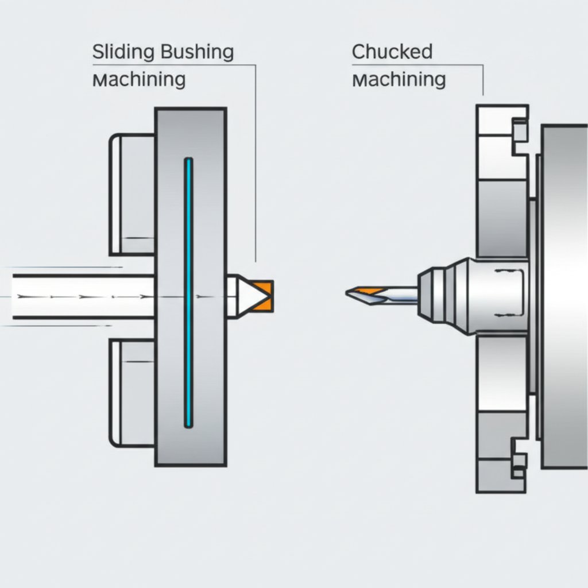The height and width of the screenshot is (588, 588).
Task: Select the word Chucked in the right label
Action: (392, 52)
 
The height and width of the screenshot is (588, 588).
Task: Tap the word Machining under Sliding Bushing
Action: (139, 79)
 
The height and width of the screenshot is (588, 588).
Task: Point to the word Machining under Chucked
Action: (399, 79)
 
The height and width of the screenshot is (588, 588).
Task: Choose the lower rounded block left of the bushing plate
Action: (132, 393)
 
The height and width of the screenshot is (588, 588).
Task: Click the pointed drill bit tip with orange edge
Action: (362, 293)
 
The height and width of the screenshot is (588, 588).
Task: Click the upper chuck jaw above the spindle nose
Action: (501, 218)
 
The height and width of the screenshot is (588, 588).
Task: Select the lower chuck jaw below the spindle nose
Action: (501, 373)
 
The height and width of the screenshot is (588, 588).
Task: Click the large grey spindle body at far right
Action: (564, 296)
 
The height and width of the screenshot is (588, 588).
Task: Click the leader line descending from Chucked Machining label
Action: (483, 80)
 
